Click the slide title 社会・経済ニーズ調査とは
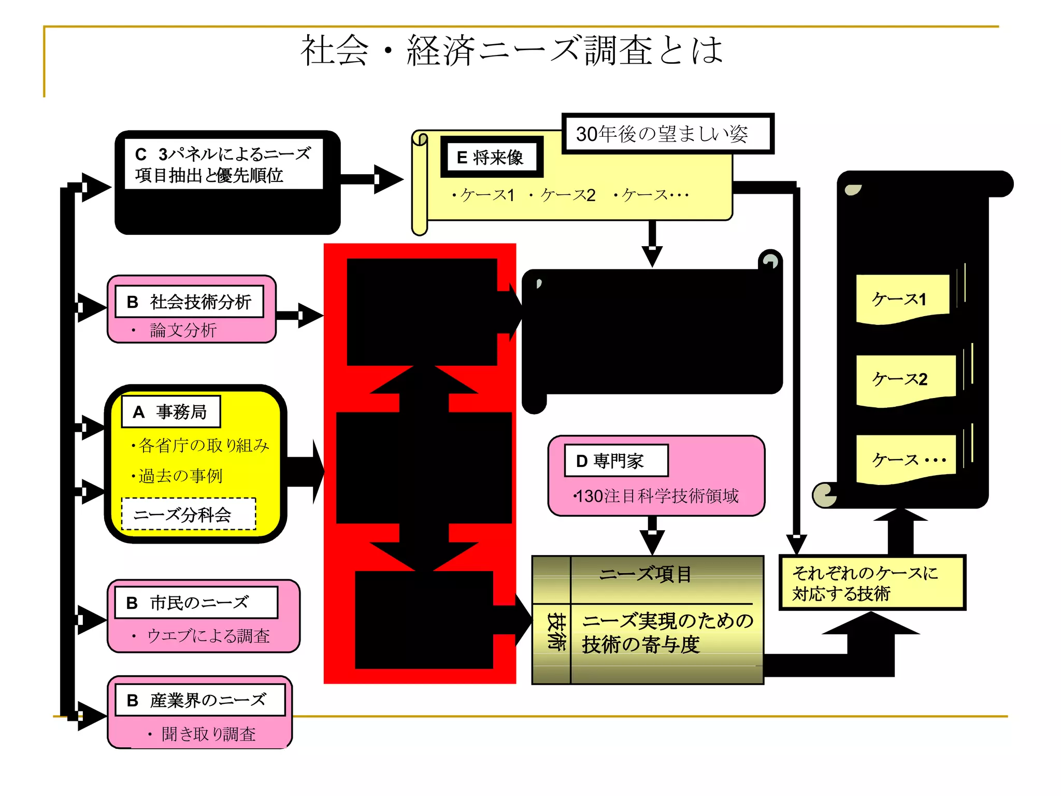coord(512,51)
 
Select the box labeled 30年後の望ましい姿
coord(667,134)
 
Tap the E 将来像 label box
coord(491,157)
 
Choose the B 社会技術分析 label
coord(190,302)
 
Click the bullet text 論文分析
coord(183,330)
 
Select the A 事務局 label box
coord(171,412)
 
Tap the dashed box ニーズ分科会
coord(188,514)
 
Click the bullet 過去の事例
coord(180,476)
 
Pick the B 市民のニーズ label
coord(196,603)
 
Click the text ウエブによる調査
coord(208,636)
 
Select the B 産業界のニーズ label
coord(200,700)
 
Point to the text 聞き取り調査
coord(208,734)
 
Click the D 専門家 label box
coord(615,461)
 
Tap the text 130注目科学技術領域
coord(657,496)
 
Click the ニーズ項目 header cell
coord(646,575)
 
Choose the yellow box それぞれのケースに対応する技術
coord(872,583)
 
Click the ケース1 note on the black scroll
coord(900,299)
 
